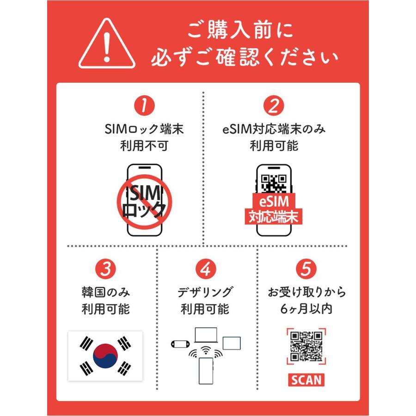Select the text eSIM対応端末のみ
(274, 129)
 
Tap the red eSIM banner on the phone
(274, 201)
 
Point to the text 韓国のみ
(105, 293)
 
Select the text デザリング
(205, 293)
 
